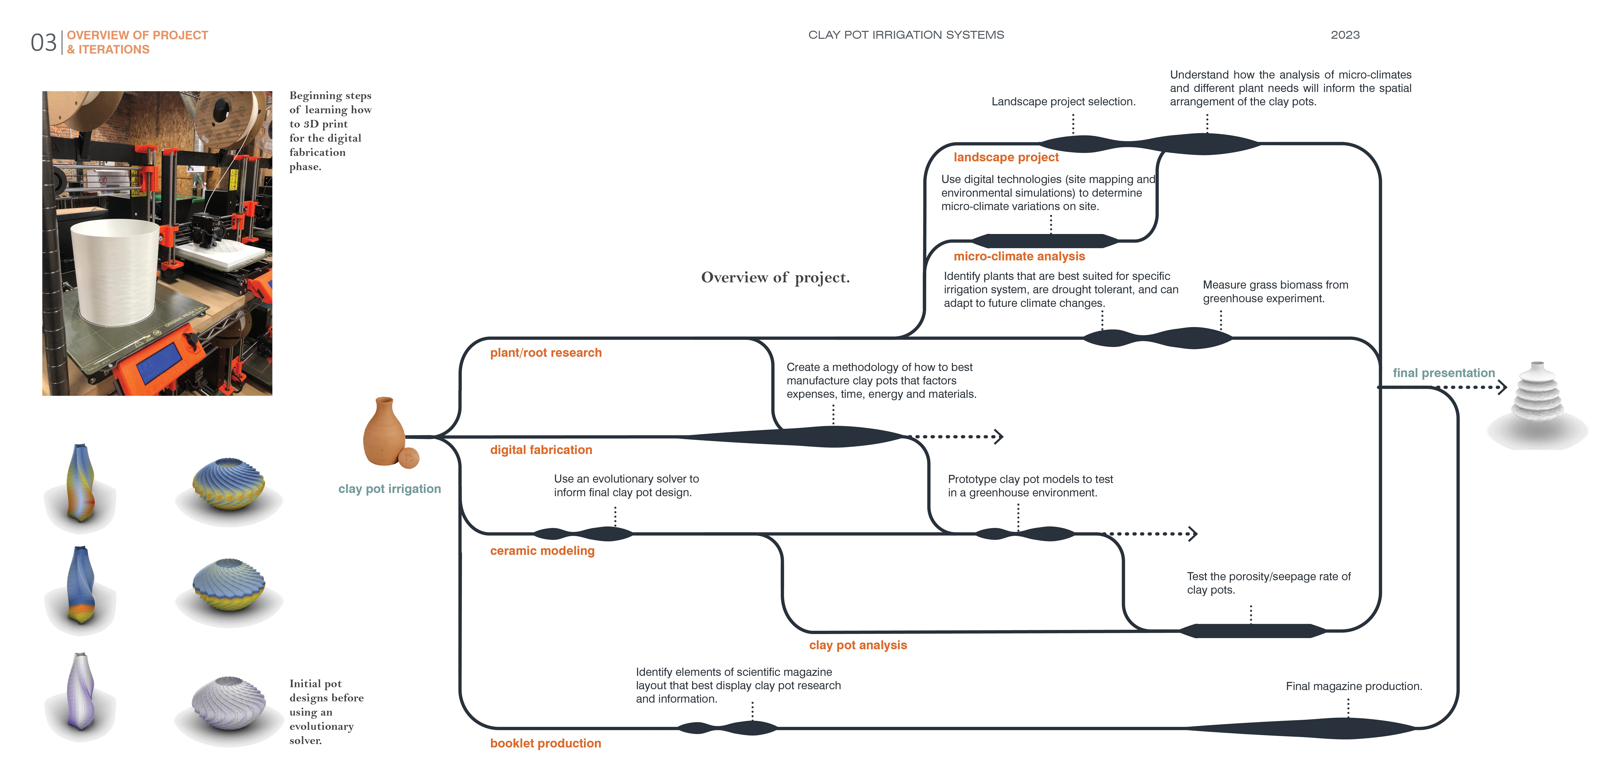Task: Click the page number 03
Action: [43, 42]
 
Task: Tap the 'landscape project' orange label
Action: [1006, 157]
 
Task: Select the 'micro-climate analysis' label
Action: [1019, 256]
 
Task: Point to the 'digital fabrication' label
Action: [541, 450]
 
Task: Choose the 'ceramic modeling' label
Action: [542, 551]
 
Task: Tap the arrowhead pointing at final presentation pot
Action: [1503, 387]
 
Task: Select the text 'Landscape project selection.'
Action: [1063, 102]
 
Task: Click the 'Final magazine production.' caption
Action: [1353, 686]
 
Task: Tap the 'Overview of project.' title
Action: [775, 278]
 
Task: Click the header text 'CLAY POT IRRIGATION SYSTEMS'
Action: [906, 35]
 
